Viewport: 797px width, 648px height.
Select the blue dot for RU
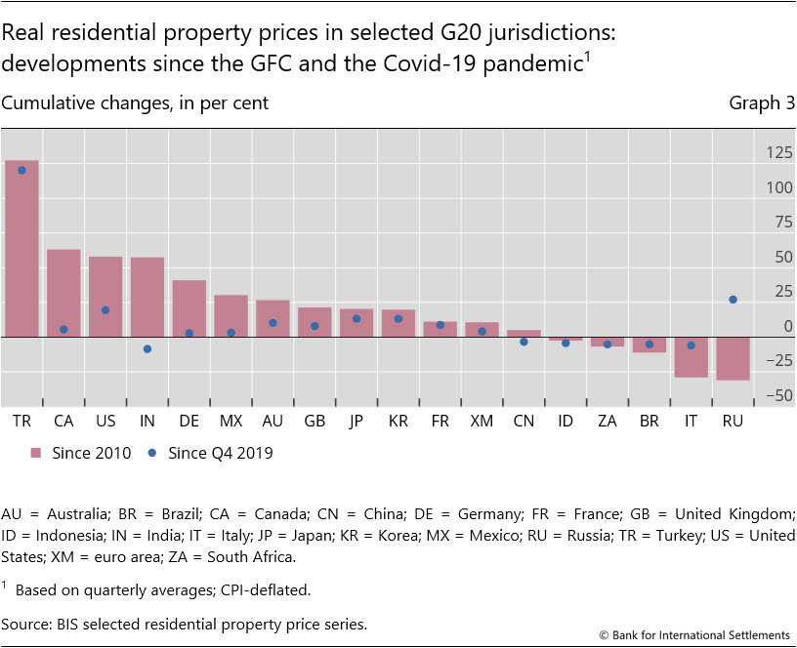tap(734, 300)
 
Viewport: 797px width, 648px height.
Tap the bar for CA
tap(63, 293)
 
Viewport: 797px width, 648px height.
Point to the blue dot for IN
tap(147, 348)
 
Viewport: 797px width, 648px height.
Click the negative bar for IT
tap(692, 356)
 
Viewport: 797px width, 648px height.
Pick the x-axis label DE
tap(189, 421)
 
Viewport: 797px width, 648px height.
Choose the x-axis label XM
tap(482, 421)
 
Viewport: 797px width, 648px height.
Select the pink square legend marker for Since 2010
tap(37, 453)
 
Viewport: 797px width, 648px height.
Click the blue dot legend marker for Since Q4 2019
tap(151, 453)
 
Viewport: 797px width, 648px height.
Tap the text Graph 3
tap(762, 102)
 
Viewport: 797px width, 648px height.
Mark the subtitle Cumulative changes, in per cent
tap(136, 102)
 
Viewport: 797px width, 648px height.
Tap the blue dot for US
tap(105, 309)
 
